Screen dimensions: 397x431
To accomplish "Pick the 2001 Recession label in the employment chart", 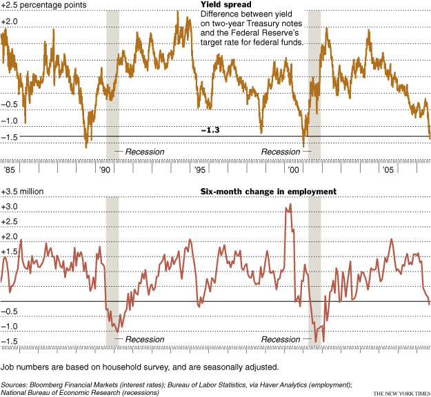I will (281, 339).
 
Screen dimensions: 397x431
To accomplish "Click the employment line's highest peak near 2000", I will (290, 204).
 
